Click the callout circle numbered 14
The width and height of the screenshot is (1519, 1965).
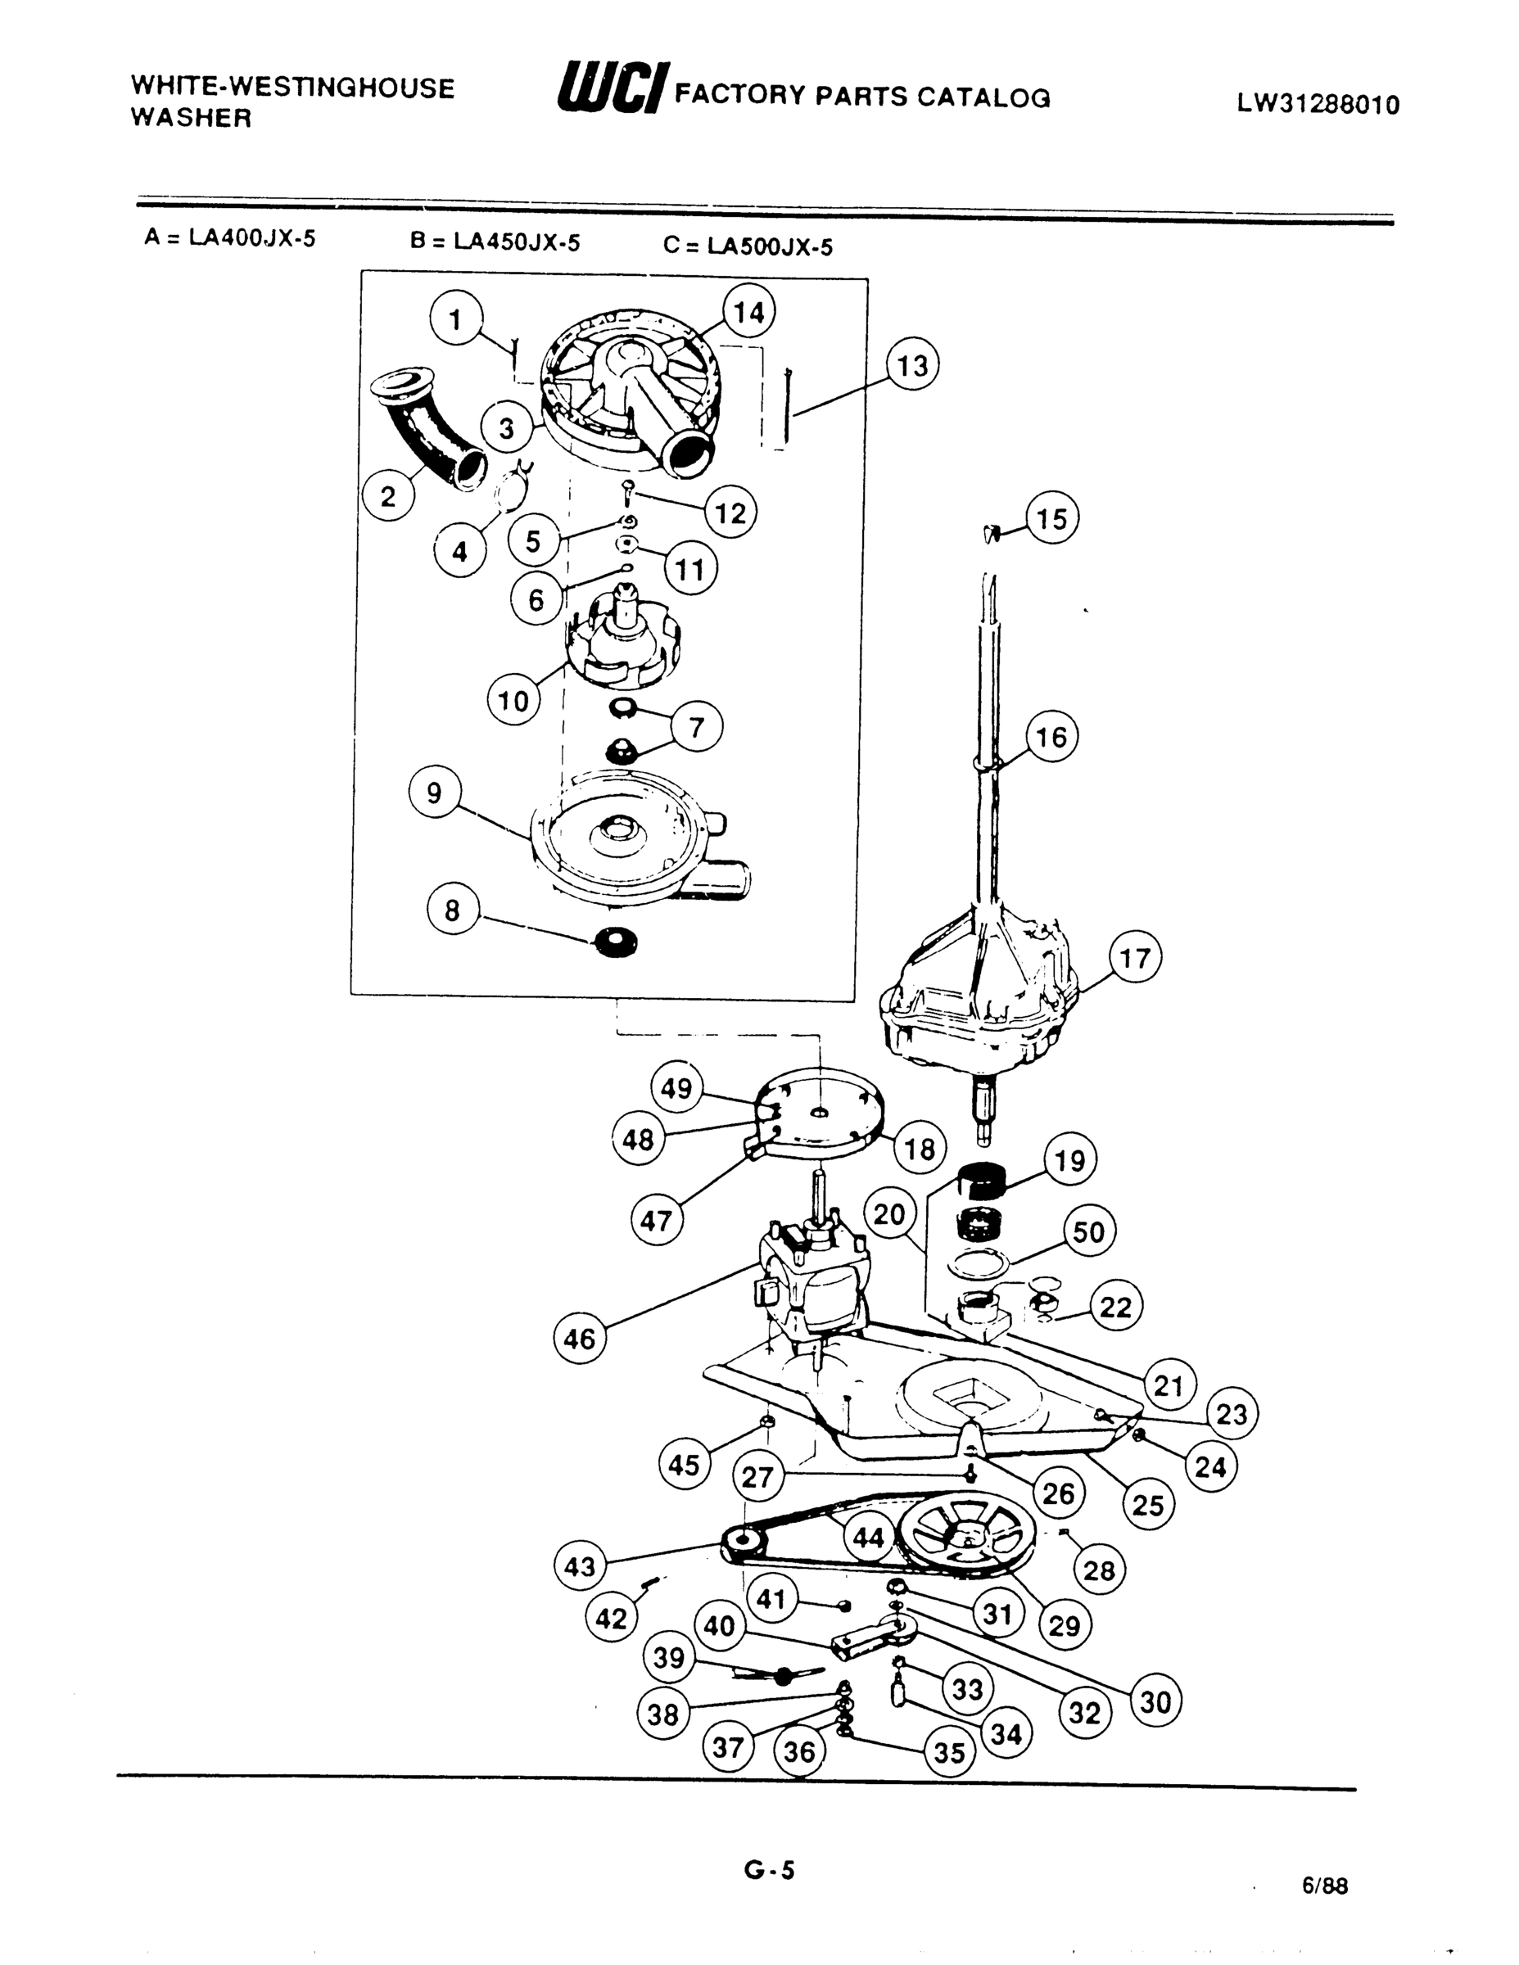[748, 313]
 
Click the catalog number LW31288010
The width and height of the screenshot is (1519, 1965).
[1318, 104]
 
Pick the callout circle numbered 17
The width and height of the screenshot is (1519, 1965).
[1135, 958]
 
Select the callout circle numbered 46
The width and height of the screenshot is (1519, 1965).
[580, 1338]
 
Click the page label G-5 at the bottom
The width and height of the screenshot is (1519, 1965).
[770, 1871]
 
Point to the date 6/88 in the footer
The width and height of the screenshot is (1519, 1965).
[1325, 1885]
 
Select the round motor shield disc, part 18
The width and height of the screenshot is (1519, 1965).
[819, 1113]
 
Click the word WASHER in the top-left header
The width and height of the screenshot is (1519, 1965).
[191, 118]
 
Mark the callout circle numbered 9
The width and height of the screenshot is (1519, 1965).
[435, 793]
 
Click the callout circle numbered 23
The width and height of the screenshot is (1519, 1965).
[1231, 1414]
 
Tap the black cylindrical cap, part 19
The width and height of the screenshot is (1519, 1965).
[981, 1181]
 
